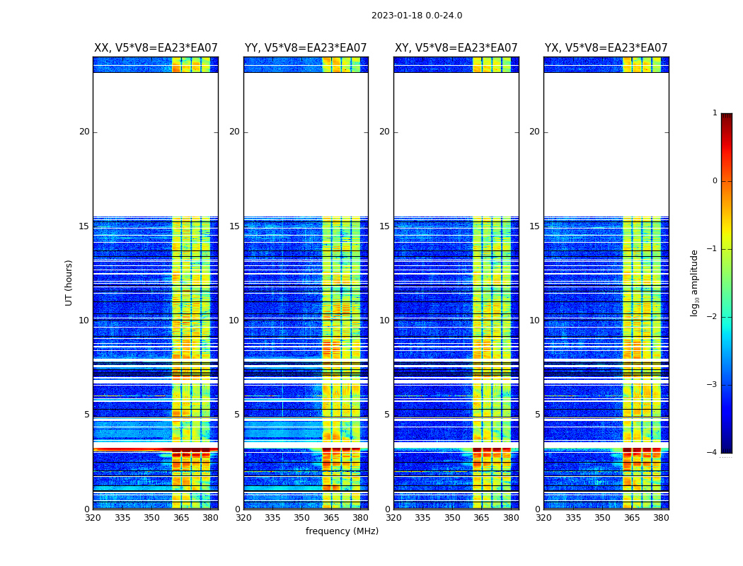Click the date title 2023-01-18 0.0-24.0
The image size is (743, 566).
click(417, 16)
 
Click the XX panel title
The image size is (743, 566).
click(156, 48)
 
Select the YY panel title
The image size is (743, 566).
click(306, 48)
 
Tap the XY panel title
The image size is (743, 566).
click(456, 48)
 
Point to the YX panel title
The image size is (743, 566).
click(606, 48)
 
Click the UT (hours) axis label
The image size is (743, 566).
click(69, 282)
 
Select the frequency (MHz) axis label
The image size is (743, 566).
click(342, 531)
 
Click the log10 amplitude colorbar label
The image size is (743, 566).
click(695, 282)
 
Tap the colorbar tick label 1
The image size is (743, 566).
click(715, 113)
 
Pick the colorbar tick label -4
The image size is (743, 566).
click(713, 453)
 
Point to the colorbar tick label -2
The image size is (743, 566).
click(713, 317)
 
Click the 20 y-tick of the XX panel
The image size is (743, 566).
click(84, 132)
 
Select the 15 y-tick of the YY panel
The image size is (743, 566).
click(234, 226)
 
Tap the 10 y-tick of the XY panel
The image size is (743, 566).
click(384, 320)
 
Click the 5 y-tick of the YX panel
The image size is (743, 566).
click(537, 415)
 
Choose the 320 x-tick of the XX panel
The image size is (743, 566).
click(93, 518)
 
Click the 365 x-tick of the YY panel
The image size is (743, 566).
click(331, 518)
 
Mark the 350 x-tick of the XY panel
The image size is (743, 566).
click(452, 518)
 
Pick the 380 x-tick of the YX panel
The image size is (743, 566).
click(661, 518)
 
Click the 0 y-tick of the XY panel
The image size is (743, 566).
click(387, 509)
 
